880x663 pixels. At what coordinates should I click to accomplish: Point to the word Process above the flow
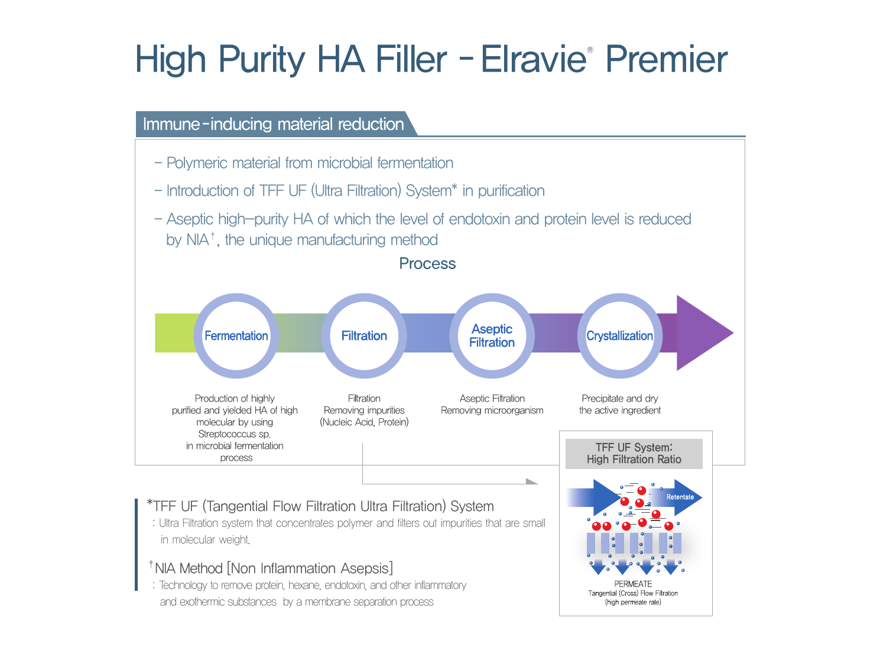point(427,264)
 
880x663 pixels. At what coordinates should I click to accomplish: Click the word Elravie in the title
point(533,59)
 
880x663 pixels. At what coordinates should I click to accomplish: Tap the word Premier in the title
point(666,59)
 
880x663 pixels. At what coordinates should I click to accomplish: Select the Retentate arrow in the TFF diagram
point(676,497)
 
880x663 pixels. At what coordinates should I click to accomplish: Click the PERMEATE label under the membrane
point(633,584)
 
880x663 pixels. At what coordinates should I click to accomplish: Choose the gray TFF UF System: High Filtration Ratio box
point(634,454)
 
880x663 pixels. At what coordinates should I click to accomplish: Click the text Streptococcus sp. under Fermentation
point(235,434)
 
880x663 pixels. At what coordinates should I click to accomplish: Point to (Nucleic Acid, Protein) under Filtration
point(364,422)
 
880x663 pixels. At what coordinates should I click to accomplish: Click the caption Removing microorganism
point(492,410)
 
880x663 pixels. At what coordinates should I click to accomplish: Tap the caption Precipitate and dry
point(620,398)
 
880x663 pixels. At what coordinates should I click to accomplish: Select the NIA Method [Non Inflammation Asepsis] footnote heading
point(271,568)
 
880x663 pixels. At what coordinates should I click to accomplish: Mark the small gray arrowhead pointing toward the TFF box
point(532,481)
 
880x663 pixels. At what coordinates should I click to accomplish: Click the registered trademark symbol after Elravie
point(590,50)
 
